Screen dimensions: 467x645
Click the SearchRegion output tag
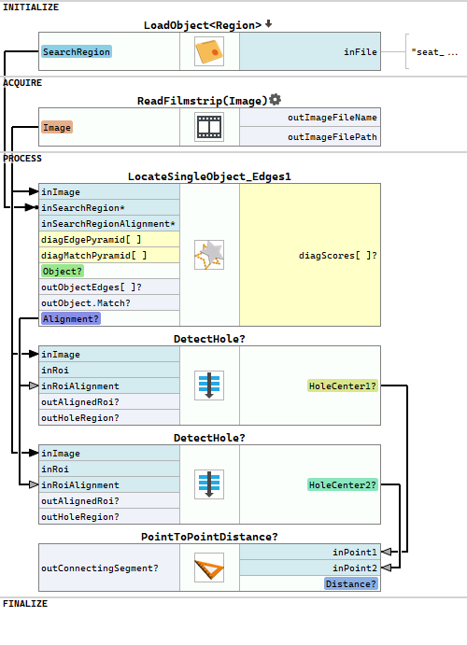[x=77, y=52]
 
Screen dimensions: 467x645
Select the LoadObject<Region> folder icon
[x=209, y=51]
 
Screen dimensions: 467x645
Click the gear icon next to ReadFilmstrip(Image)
[x=275, y=100]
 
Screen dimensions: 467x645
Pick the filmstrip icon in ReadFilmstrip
[x=209, y=127]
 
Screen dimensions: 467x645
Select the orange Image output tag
[x=57, y=128]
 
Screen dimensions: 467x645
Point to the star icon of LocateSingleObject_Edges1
[x=209, y=255]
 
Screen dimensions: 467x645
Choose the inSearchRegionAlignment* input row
[x=109, y=224]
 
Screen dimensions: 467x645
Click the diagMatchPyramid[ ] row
[x=109, y=256]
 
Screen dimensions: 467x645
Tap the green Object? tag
[x=63, y=272]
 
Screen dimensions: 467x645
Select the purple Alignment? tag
[x=71, y=319]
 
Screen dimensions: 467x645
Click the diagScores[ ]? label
[x=337, y=256]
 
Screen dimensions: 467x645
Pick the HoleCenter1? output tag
[x=343, y=386]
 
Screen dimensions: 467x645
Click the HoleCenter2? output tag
[x=343, y=485]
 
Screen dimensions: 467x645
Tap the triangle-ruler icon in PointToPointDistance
[x=209, y=568]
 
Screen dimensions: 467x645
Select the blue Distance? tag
[x=351, y=583]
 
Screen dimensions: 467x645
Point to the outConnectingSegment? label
[x=100, y=568]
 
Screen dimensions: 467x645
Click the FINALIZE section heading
[x=25, y=603]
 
